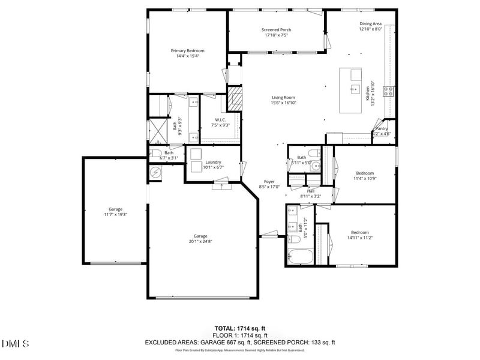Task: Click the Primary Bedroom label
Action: coord(187,51)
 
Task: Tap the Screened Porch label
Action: coord(276,30)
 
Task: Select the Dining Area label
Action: coord(370,24)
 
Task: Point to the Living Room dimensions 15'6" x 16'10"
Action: coord(284,103)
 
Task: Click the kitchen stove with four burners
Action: coord(389,91)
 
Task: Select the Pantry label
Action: coord(382,128)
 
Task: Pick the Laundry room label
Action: coord(213,162)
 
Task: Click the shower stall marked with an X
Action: coord(158,130)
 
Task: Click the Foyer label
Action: coord(269,181)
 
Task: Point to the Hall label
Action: coord(311,191)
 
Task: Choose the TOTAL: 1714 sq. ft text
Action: coord(240,328)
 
